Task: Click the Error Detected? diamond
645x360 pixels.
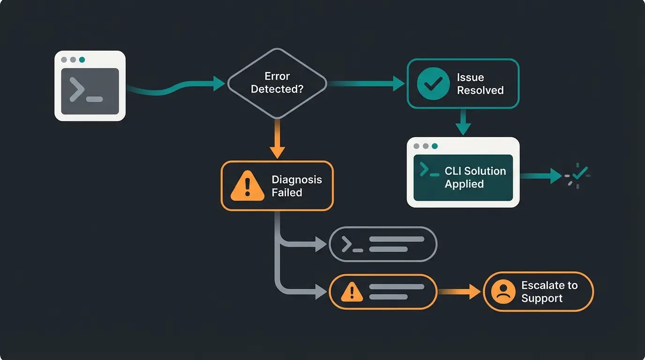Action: click(x=277, y=83)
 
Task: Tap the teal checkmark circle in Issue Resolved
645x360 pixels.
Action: click(x=433, y=83)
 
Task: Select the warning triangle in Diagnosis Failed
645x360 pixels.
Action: click(x=247, y=186)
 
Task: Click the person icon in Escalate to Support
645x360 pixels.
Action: click(x=503, y=292)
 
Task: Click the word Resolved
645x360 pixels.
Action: click(x=480, y=90)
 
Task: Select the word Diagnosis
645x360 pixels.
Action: click(x=297, y=180)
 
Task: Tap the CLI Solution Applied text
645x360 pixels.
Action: click(x=475, y=177)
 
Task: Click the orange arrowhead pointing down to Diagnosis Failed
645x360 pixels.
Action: click(x=277, y=151)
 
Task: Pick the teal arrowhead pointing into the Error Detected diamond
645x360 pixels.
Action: click(x=218, y=84)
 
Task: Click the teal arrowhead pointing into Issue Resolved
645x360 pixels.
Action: click(x=398, y=84)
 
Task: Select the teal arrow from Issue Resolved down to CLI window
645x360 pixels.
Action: click(x=463, y=123)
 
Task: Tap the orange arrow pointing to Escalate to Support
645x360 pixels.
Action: click(x=460, y=292)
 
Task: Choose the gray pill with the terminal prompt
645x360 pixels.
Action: click(x=382, y=244)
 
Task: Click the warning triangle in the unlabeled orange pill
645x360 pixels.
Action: click(x=352, y=292)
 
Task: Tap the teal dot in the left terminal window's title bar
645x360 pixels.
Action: click(x=82, y=60)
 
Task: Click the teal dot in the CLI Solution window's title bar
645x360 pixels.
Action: click(x=435, y=146)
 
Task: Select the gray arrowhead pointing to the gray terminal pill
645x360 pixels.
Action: click(x=321, y=244)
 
